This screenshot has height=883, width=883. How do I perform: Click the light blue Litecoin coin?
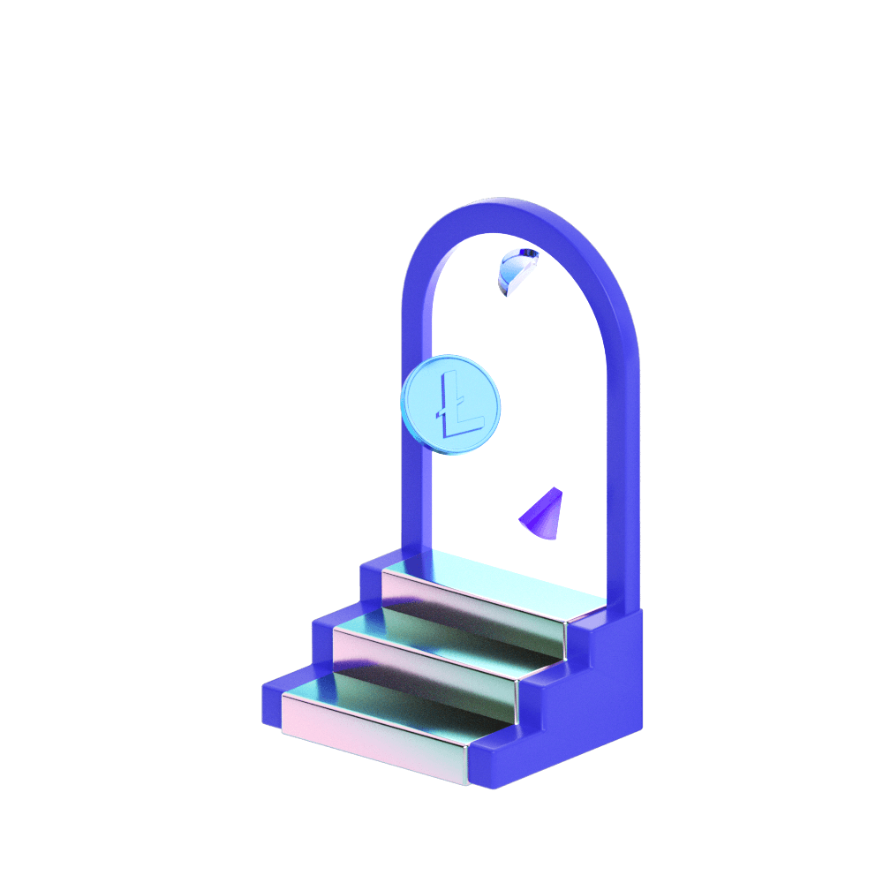tap(450, 404)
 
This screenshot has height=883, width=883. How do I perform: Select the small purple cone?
tap(542, 516)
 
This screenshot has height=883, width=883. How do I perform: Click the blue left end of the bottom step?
tap(271, 702)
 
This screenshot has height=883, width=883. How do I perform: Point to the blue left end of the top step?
tap(370, 579)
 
